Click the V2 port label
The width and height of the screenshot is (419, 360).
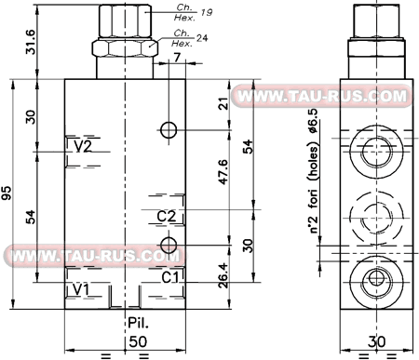(x=83, y=146)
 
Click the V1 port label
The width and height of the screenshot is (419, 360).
(x=81, y=289)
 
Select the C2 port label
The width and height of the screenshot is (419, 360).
(x=167, y=216)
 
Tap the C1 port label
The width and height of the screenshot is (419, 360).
(x=170, y=277)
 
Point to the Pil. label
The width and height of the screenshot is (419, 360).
(x=139, y=323)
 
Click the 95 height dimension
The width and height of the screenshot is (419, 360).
(x=7, y=193)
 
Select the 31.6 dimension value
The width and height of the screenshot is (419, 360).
(x=31, y=42)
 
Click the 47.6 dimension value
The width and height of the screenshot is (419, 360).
(x=223, y=172)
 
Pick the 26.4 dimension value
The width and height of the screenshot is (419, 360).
(x=223, y=275)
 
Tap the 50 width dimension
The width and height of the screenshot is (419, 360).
(x=138, y=341)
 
